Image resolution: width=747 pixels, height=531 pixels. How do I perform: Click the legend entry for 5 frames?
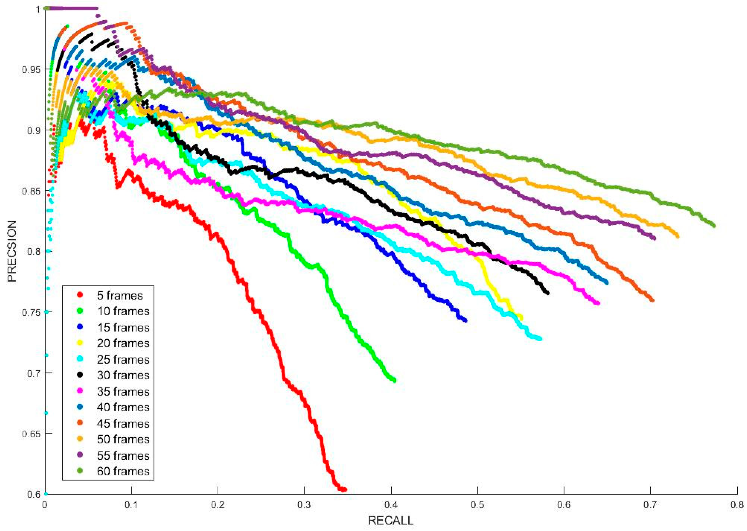tap(120, 296)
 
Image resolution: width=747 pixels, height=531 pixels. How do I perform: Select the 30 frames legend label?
tap(123, 375)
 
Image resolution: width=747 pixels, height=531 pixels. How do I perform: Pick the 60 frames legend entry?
tap(123, 471)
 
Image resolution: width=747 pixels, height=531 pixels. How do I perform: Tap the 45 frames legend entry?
tap(123, 424)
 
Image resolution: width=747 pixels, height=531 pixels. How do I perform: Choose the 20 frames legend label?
tap(123, 343)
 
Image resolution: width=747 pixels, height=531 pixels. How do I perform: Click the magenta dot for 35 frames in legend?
tap(80, 391)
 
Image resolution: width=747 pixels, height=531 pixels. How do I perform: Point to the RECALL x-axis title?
tap(391, 520)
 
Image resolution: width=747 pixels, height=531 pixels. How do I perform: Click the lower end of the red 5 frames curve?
tap(345, 489)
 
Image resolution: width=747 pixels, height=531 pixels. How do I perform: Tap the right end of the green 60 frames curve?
tap(714, 226)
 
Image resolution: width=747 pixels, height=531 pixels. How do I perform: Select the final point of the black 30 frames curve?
tap(547, 293)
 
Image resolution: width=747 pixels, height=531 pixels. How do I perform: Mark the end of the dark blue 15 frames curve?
tap(465, 320)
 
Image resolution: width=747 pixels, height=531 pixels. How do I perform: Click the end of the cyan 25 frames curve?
tap(540, 339)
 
